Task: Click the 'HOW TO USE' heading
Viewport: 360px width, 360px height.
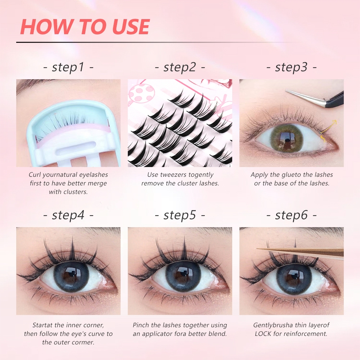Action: click(85, 27)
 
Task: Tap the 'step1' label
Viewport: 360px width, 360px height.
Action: click(68, 67)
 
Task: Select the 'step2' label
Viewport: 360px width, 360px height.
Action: click(180, 67)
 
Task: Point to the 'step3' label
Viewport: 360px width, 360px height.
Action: click(291, 67)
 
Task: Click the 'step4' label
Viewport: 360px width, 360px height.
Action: click(68, 215)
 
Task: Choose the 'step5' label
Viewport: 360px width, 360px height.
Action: click(180, 215)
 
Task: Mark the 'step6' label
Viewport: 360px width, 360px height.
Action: click(291, 215)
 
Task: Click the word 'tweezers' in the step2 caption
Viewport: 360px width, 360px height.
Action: click(171, 175)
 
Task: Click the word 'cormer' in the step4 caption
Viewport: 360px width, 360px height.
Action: click(84, 343)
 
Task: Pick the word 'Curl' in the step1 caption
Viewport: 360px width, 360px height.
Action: click(35, 175)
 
